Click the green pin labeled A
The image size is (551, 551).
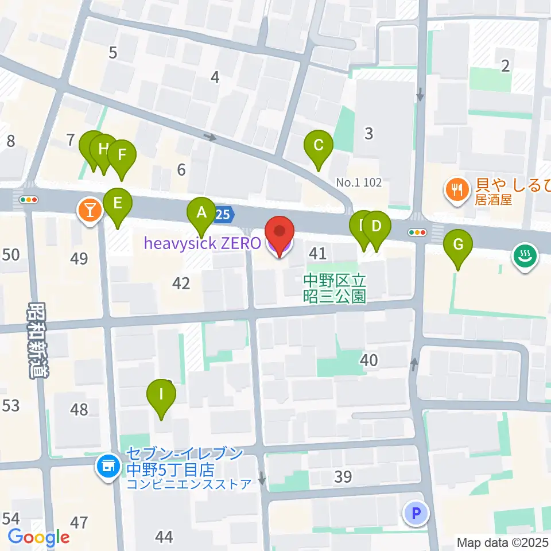click(201, 213)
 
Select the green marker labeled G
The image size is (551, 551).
click(458, 245)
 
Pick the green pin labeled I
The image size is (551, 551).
click(161, 394)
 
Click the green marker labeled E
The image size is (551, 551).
click(118, 203)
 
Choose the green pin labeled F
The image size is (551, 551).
click(121, 154)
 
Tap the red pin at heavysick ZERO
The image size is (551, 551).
click(279, 232)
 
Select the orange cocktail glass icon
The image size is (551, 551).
click(89, 210)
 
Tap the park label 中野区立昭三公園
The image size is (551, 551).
click(335, 288)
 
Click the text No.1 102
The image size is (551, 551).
click(359, 183)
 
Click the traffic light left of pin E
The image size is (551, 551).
click(29, 200)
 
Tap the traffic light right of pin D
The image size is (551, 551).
click(417, 232)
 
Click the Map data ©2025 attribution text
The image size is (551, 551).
click(503, 542)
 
